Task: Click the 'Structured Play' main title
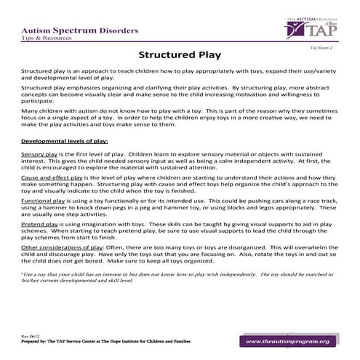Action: pyautogui.click(x=180, y=55)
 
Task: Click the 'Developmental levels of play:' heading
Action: pyautogui.click(x=65, y=139)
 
